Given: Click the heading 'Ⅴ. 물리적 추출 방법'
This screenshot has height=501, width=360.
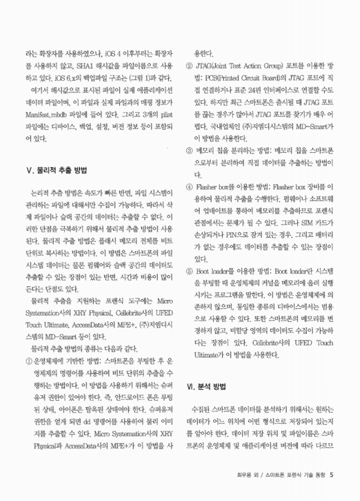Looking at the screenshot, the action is (56, 170).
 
